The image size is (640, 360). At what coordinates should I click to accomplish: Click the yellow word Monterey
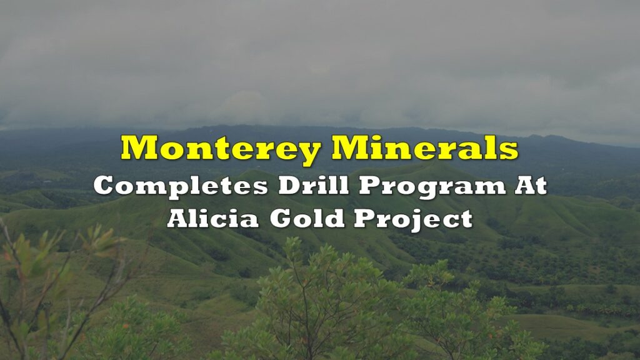click(x=221, y=149)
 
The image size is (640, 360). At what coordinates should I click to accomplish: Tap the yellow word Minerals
click(x=425, y=147)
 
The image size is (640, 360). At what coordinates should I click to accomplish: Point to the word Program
click(x=432, y=187)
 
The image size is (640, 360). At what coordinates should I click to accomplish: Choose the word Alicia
click(x=212, y=218)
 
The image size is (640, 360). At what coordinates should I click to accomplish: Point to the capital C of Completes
click(x=104, y=185)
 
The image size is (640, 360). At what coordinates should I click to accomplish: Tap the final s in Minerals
click(x=510, y=151)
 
